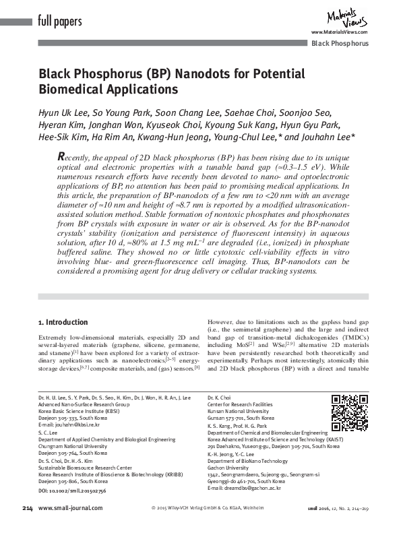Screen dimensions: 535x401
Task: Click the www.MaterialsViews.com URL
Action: pyautogui.click(x=338, y=32)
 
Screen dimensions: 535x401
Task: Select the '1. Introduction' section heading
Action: pyautogui.click(x=63, y=323)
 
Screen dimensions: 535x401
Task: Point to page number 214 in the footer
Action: pyautogui.click(x=28, y=526)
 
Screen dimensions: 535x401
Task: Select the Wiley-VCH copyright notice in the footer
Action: pyautogui.click(x=208, y=526)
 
